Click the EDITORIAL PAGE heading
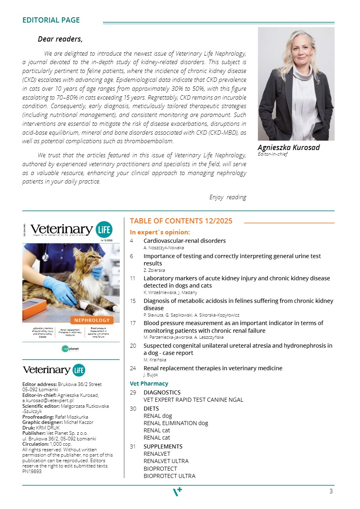pyautogui.click(x=51, y=20)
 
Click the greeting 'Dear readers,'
pyautogui.click(x=60, y=39)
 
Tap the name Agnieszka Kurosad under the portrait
pyautogui.click(x=289, y=148)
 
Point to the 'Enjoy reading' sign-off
pyautogui.click(x=228, y=197)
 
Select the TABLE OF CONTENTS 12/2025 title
pyautogui.click(x=181, y=221)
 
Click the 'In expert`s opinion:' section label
pyautogui.click(x=160, y=232)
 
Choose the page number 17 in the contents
pyautogui.click(x=133, y=323)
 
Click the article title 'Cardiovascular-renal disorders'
pyautogui.click(x=184, y=241)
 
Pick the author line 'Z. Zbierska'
pyautogui.click(x=154, y=270)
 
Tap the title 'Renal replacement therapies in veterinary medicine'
pyautogui.click(x=213, y=368)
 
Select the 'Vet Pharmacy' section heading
pyautogui.click(x=149, y=384)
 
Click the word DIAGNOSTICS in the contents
pyautogui.click(x=162, y=392)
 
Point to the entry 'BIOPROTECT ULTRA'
pyautogui.click(x=169, y=476)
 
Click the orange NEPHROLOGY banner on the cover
pyautogui.click(x=92, y=320)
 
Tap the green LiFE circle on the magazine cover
pyautogui.click(x=104, y=229)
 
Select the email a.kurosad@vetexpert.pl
pyautogui.click(x=48, y=401)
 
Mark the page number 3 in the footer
pyautogui.click(x=331, y=491)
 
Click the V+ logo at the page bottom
pyautogui.click(x=178, y=492)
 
